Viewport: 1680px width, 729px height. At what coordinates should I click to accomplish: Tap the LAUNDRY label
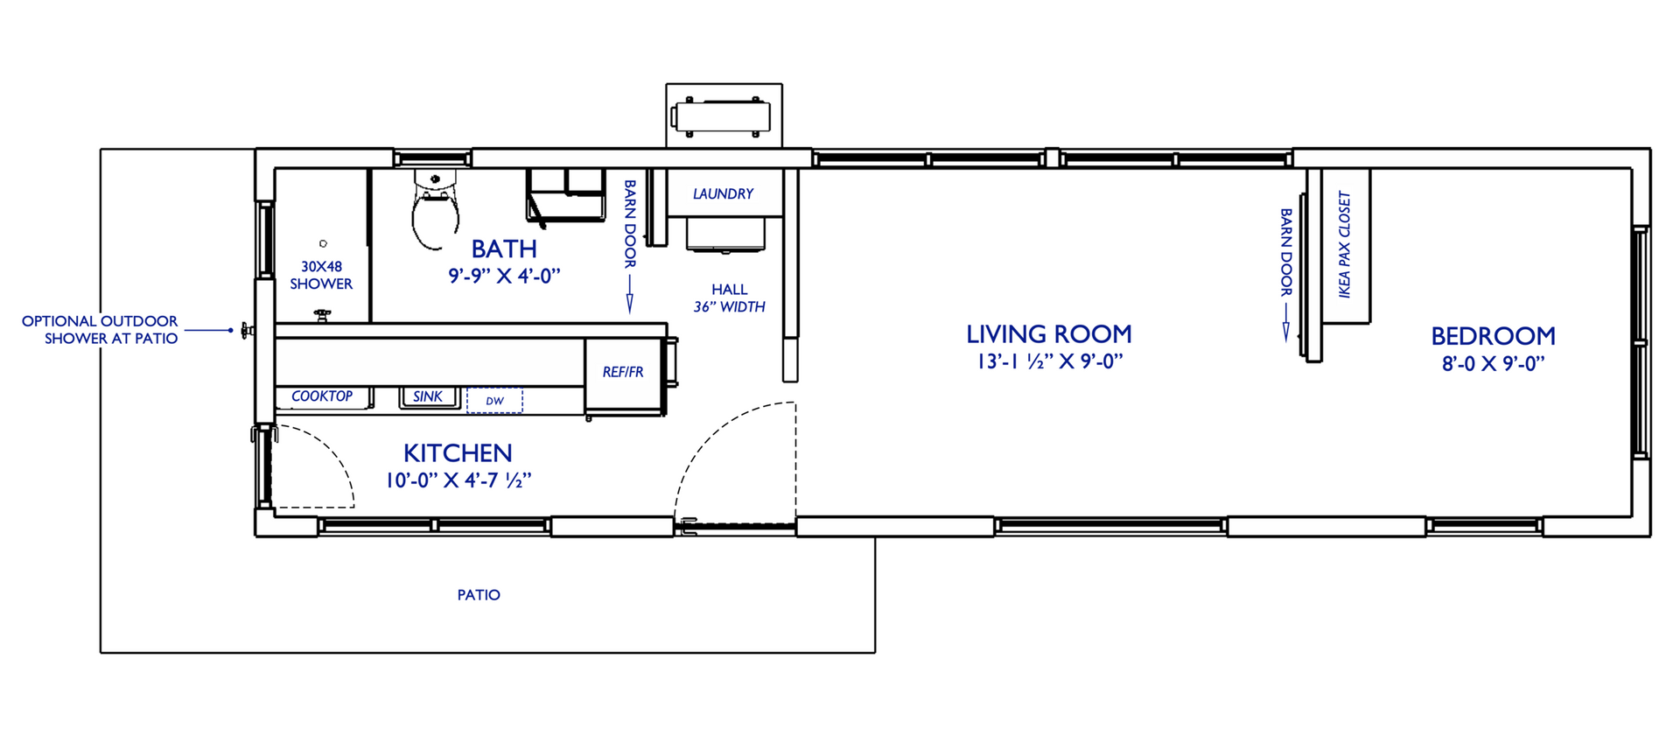[723, 193]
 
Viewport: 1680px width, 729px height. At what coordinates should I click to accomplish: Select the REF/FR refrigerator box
[623, 373]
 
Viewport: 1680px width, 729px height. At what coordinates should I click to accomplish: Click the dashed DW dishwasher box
[494, 401]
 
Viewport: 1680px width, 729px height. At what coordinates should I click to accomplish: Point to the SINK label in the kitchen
[428, 396]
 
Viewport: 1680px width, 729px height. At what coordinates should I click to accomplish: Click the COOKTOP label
[322, 396]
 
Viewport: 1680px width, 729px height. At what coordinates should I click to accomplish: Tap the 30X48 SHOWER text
[321, 275]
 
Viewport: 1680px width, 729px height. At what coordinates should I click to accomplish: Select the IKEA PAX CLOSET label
[1345, 245]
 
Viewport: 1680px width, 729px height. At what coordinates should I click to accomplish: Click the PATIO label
[479, 595]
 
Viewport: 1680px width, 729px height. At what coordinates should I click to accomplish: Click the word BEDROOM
[1493, 336]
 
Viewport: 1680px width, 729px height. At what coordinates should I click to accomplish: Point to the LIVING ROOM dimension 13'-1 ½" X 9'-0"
[1049, 361]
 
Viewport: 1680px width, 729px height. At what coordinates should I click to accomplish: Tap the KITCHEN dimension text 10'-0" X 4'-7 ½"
[458, 480]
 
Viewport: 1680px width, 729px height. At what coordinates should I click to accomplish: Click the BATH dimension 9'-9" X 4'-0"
[504, 276]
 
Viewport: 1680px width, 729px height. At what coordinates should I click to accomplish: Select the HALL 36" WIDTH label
[729, 298]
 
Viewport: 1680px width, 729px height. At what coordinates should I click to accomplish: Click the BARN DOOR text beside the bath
[629, 224]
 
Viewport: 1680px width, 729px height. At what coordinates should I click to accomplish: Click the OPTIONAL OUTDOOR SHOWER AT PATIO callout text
[101, 330]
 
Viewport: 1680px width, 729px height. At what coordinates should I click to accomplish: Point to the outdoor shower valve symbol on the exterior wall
[246, 331]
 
